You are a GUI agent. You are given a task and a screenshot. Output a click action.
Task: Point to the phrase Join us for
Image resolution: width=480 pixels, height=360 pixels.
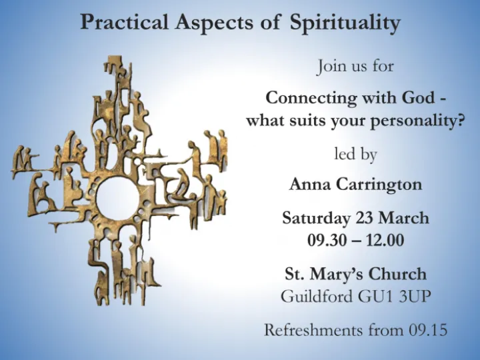pos(355,67)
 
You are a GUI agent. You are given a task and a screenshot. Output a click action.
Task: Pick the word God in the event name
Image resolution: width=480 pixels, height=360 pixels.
pos(417,97)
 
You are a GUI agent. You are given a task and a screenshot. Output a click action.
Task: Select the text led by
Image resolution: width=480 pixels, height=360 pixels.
pos(355,155)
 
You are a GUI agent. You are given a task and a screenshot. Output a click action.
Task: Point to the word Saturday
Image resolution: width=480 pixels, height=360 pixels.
pos(316,218)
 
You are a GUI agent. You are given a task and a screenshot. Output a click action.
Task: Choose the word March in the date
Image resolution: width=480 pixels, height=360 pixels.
pos(403,218)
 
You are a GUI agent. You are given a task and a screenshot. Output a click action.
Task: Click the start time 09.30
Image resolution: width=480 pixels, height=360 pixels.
pos(326,241)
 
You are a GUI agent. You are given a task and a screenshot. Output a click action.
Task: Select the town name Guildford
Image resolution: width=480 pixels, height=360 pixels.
pos(316,297)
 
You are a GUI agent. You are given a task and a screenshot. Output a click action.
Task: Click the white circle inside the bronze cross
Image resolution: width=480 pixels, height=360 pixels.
pos(116,197)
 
